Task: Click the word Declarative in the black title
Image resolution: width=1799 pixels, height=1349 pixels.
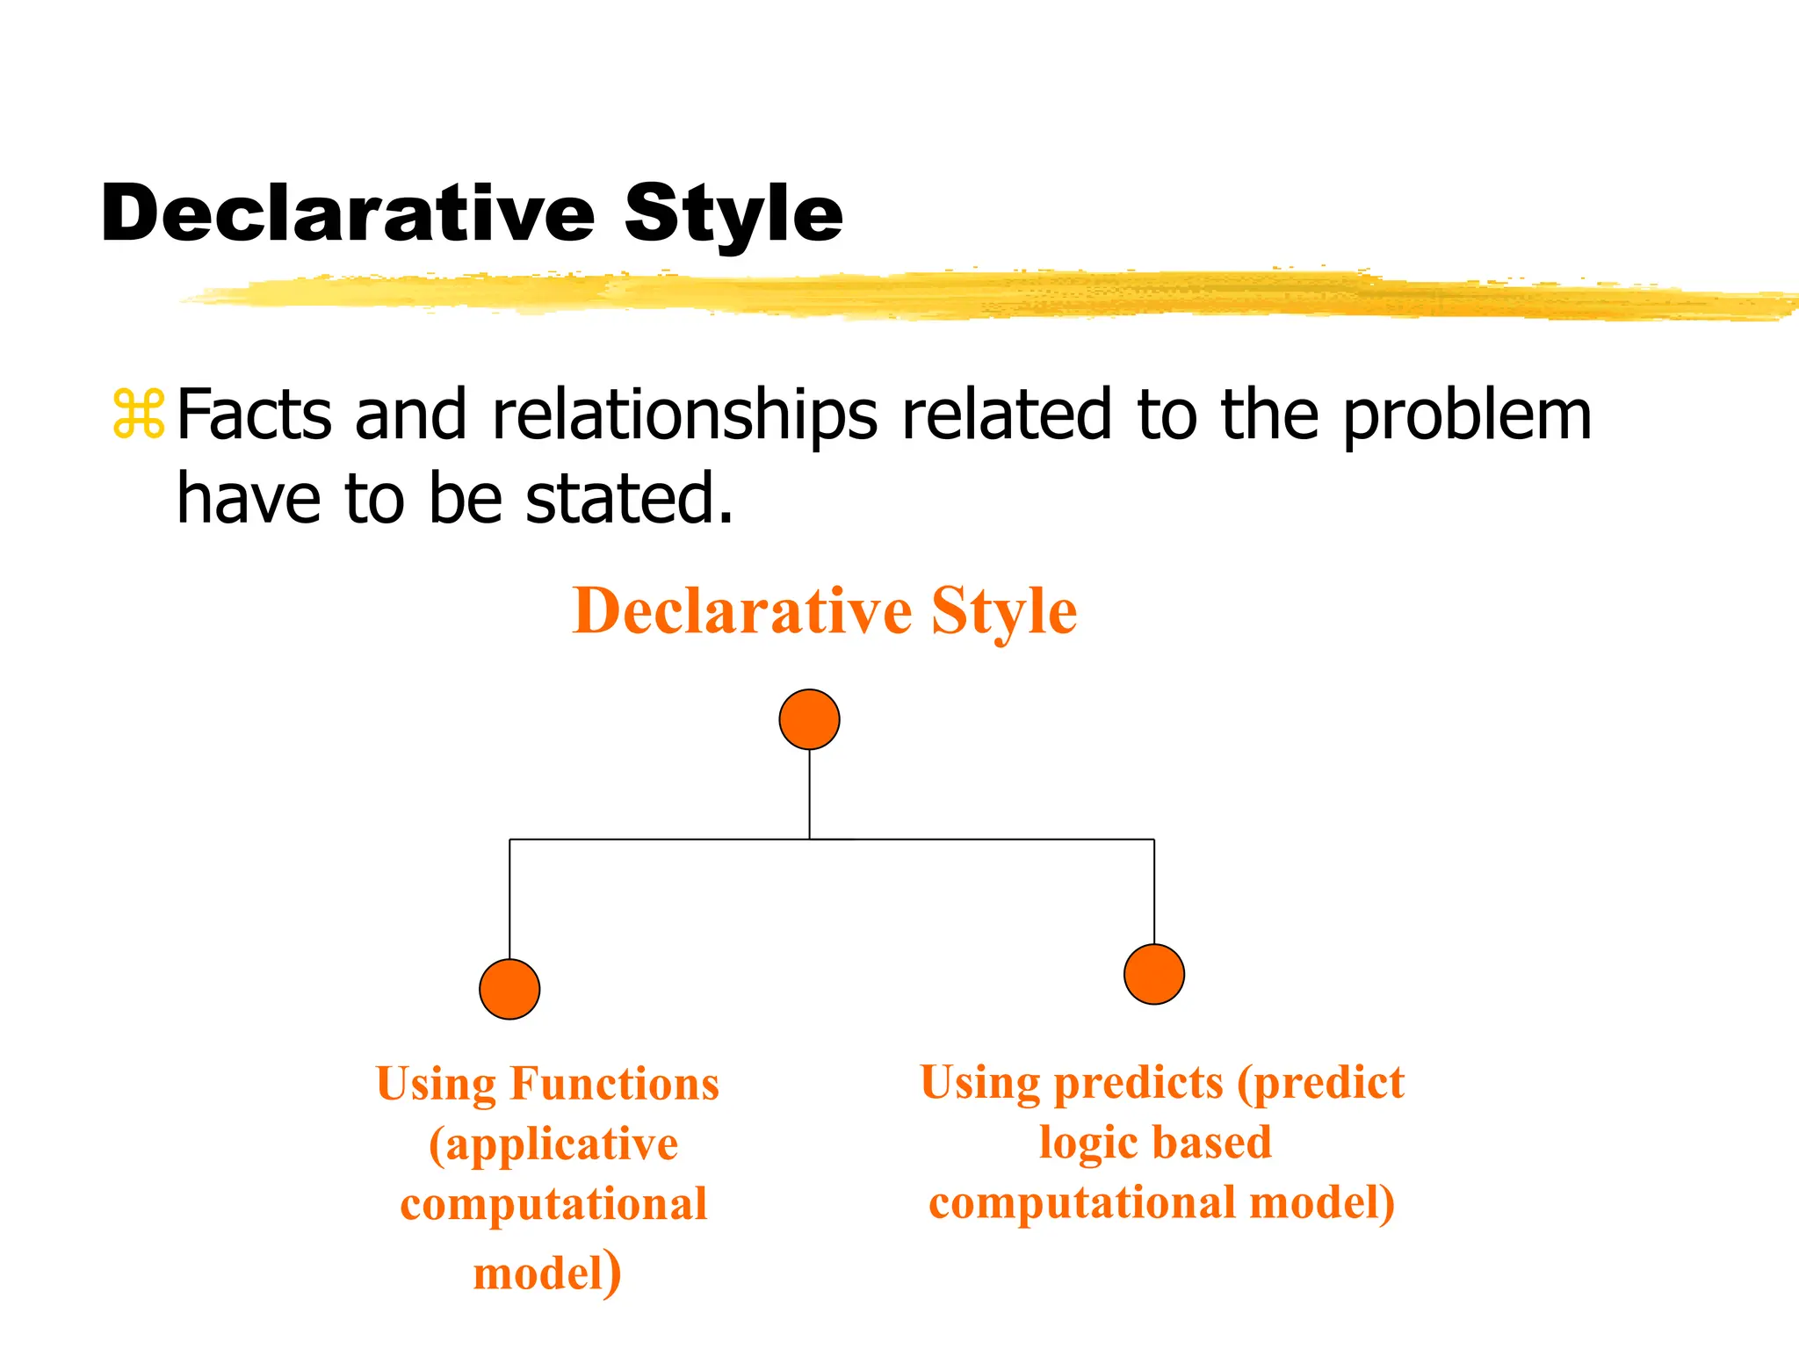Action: [348, 214]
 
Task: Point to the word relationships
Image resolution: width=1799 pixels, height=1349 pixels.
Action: [684, 415]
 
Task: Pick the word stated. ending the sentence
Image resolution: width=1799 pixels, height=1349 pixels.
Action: [629, 498]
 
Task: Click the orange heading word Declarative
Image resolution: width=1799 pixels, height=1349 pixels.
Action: [742, 611]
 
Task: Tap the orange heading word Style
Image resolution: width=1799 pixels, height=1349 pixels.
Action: [1003, 613]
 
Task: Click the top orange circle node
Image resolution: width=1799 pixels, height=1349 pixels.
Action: [809, 719]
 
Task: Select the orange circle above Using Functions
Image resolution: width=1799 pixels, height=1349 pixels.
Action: [509, 989]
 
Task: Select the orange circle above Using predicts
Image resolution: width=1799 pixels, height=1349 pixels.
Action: [1154, 974]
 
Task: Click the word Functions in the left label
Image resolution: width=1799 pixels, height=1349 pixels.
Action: [614, 1084]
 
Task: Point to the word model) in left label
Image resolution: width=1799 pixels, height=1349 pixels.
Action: [546, 1273]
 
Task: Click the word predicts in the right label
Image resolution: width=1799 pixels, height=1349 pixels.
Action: [1138, 1083]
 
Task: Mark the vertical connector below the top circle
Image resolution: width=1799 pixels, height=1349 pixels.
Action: [809, 794]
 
